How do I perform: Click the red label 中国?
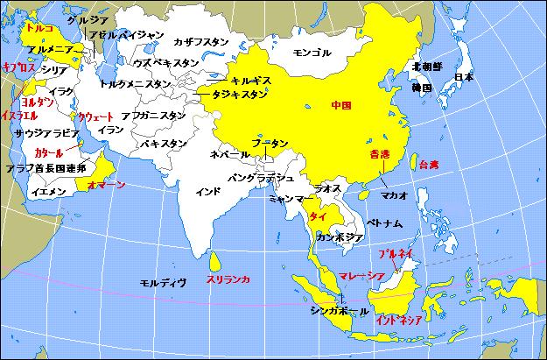(x=341, y=105)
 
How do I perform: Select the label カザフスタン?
(x=202, y=41)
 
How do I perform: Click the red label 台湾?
(x=428, y=164)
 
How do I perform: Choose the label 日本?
(x=465, y=77)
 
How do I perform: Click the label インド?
(x=207, y=190)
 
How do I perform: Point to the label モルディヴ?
(x=164, y=282)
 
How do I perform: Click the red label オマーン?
(x=106, y=185)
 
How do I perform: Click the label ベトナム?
(x=384, y=223)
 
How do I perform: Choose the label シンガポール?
(x=342, y=311)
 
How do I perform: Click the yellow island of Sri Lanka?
(x=216, y=261)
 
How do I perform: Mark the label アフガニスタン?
(x=152, y=115)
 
